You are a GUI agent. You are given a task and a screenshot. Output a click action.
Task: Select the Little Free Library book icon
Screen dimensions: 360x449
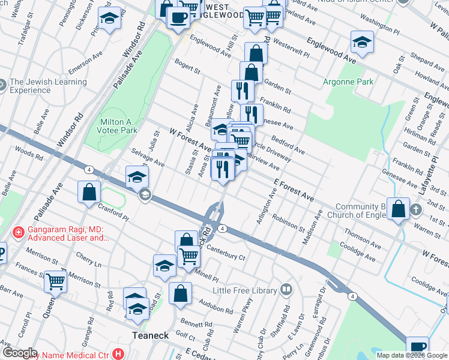point(287,290)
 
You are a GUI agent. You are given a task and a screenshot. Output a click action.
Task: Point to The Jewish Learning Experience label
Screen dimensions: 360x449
point(30,86)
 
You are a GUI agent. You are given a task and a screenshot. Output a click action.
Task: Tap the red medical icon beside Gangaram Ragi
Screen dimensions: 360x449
point(17,231)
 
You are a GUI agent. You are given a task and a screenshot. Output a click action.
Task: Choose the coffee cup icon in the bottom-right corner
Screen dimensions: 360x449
point(417,347)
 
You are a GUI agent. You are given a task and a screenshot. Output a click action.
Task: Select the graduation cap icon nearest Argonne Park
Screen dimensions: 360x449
point(363,43)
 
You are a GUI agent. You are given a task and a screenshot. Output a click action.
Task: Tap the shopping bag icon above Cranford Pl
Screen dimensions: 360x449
point(89,192)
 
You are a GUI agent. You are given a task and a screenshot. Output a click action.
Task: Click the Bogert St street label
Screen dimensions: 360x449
point(187,67)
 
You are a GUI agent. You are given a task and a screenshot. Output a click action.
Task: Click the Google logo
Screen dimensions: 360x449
point(20,352)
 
